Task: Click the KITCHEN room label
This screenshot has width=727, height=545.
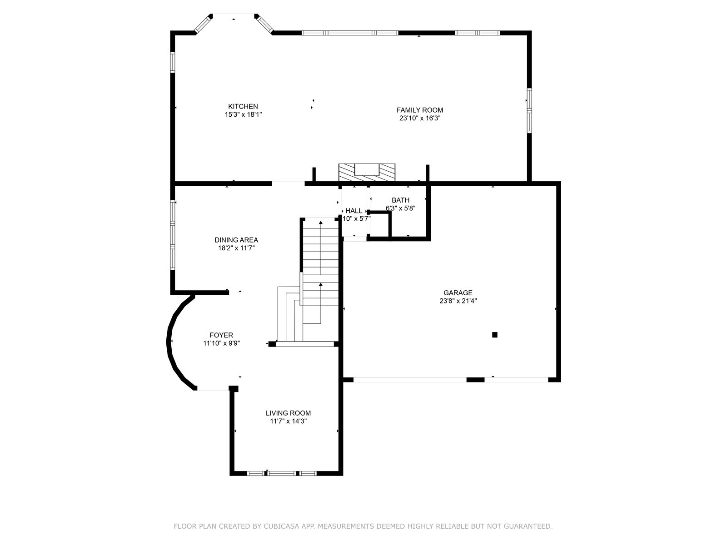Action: [243, 107]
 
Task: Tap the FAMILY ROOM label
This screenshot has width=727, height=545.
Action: [420, 110]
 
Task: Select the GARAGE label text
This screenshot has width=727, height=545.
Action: [458, 293]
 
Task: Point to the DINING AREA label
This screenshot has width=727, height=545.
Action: [236, 240]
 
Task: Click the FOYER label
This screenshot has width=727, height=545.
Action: [221, 335]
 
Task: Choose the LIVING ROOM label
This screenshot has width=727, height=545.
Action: [288, 413]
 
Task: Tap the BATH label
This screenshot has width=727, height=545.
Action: [400, 200]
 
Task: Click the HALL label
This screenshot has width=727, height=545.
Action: [354, 211]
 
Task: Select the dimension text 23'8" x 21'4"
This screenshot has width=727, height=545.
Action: [458, 301]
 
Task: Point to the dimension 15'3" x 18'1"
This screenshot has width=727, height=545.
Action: [243, 115]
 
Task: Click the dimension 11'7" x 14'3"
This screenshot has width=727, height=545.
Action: [288, 421]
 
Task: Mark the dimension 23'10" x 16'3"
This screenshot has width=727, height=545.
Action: [420, 119]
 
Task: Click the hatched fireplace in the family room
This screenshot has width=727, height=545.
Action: [367, 173]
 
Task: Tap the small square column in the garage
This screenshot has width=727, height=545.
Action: [494, 335]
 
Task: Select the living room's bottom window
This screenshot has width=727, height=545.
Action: [282, 474]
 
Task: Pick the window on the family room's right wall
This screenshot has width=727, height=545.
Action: [529, 110]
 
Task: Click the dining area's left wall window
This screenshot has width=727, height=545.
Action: [173, 235]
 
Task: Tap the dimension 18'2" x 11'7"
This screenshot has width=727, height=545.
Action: [236, 248]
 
